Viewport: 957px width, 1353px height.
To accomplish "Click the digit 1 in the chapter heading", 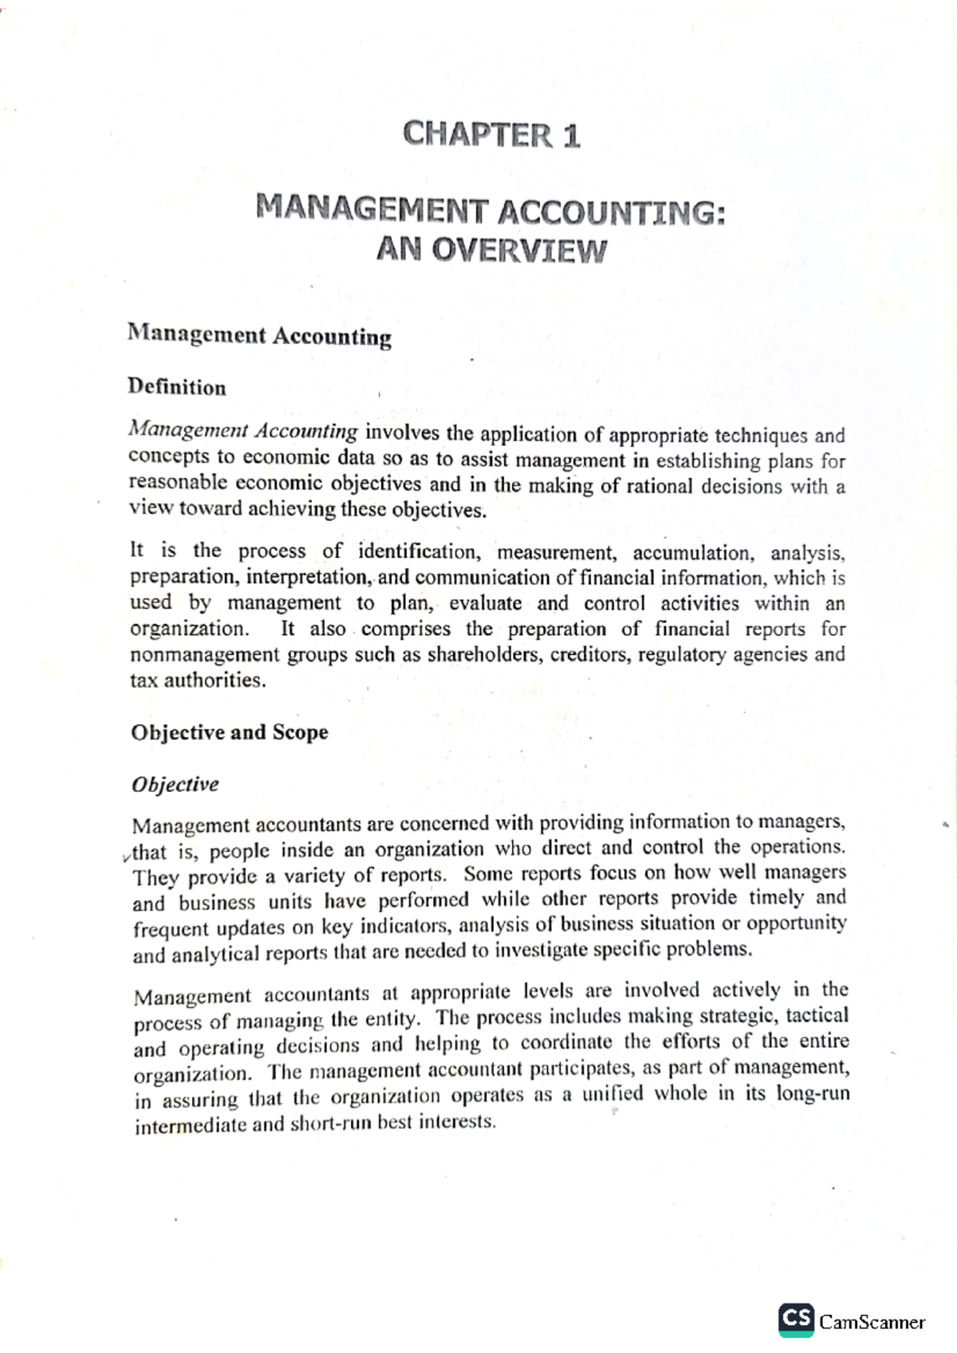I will (x=571, y=136).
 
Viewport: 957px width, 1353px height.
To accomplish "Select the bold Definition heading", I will (x=177, y=388).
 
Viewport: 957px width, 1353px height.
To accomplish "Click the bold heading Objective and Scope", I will (x=230, y=733).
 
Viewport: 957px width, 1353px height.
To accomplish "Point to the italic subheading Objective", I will (x=175, y=785).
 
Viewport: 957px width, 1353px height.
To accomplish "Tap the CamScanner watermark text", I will (x=872, y=1323).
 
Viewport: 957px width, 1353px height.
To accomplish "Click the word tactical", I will (x=817, y=1015).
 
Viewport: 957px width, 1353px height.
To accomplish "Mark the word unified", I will (x=612, y=1094).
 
